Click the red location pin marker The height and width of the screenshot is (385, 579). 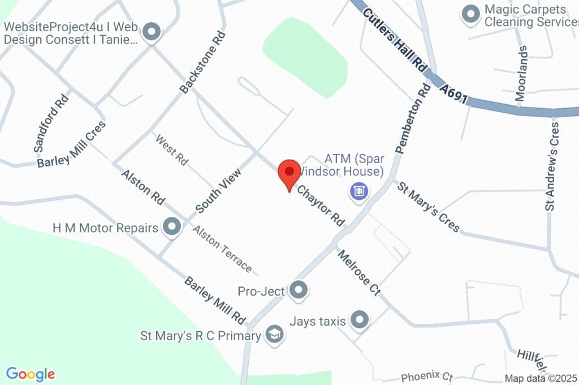click(x=290, y=172)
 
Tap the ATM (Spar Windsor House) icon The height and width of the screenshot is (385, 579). click(x=359, y=191)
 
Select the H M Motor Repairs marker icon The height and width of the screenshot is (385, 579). click(x=171, y=228)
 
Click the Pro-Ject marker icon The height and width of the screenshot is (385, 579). click(x=298, y=290)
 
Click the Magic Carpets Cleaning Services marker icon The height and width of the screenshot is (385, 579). click(x=470, y=15)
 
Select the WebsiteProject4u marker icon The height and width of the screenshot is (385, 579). click(x=151, y=32)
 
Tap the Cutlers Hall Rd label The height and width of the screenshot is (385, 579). click(x=395, y=38)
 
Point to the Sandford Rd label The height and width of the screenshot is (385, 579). click(x=51, y=122)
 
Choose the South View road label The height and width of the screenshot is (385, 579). click(x=218, y=190)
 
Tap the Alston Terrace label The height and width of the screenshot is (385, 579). click(x=222, y=248)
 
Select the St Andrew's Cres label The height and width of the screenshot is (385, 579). click(x=552, y=166)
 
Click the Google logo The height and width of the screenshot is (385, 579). click(x=31, y=374)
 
